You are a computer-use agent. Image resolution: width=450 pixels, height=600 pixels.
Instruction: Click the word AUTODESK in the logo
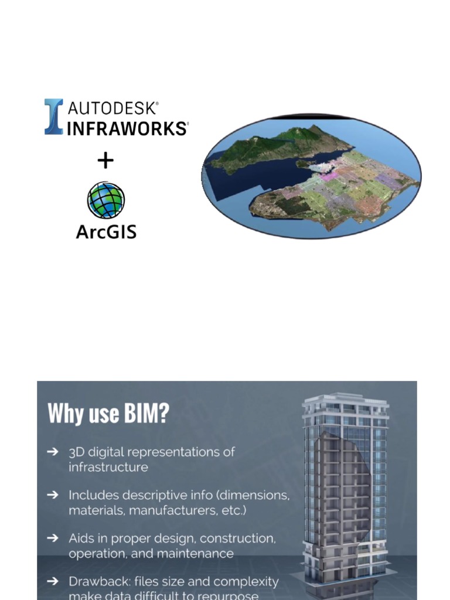112,108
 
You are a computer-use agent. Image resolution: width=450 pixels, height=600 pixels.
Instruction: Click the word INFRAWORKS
127,128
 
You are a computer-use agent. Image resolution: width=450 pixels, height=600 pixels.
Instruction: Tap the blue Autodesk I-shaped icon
53,117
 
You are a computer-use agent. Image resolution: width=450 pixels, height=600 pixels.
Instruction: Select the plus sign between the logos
105,160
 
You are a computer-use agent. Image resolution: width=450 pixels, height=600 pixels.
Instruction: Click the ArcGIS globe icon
106,200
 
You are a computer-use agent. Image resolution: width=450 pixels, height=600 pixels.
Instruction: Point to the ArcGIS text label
106,231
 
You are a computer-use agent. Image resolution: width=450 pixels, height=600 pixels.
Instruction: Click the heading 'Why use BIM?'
108,414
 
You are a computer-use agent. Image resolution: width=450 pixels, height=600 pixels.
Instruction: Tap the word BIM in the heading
146,414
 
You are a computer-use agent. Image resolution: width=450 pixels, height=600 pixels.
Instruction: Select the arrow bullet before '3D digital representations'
53,452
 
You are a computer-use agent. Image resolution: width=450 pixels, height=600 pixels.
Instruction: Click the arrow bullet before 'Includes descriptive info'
53,495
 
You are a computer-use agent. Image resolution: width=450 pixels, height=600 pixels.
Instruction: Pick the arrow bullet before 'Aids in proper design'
53,538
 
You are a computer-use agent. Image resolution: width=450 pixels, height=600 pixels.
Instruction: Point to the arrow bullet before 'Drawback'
53,581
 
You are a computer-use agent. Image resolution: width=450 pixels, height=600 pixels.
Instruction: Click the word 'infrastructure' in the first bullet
108,467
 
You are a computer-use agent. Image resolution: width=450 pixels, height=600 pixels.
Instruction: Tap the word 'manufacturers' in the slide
168,510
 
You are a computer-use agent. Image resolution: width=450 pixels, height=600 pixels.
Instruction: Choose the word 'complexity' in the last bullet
248,582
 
